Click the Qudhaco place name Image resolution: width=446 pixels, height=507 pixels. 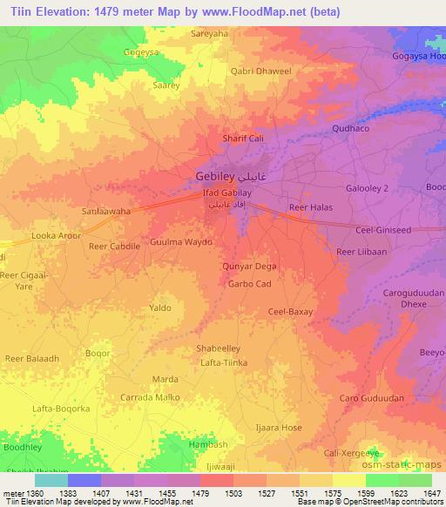pyautogui.click(x=350, y=128)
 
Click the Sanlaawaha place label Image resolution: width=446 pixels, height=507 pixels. pyautogui.click(x=106, y=212)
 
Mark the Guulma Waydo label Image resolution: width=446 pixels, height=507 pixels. pyautogui.click(x=181, y=241)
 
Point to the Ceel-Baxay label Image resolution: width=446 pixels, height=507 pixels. pyautogui.click(x=290, y=311)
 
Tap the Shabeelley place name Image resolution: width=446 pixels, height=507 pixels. pyautogui.click(x=213, y=348)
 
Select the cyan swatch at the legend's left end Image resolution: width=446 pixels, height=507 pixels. pyautogui.click(x=51, y=480)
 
